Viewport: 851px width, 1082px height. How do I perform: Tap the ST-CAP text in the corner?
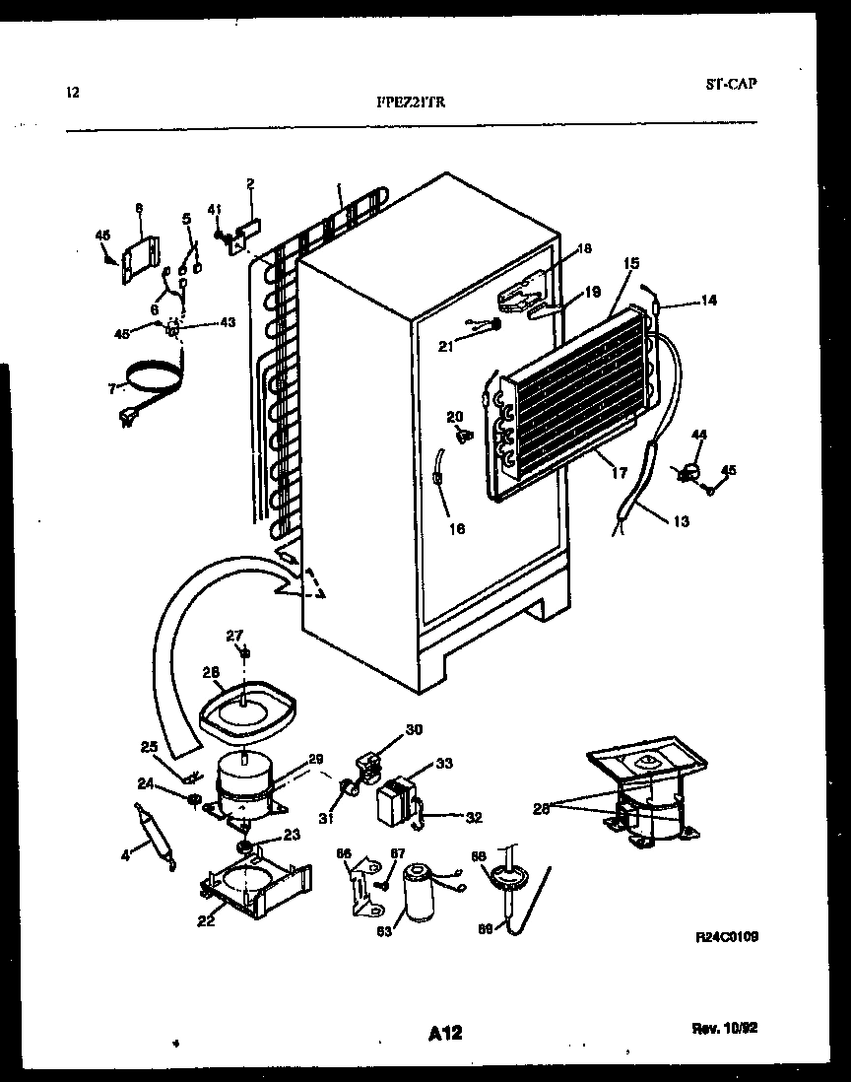click(x=731, y=84)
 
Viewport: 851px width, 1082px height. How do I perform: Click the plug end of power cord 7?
click(x=125, y=419)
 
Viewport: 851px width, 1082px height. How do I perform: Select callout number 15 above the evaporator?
click(x=631, y=263)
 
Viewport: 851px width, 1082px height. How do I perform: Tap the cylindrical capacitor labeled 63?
click(x=418, y=894)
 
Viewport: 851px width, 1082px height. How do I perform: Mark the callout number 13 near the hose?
click(x=682, y=520)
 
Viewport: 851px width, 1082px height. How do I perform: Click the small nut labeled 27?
click(x=245, y=652)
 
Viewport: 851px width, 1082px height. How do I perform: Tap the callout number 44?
click(x=698, y=435)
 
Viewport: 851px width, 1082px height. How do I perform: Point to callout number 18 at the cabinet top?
click(x=584, y=248)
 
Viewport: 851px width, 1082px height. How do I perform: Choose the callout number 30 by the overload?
click(x=414, y=730)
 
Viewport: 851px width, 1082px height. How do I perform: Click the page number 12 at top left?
click(x=72, y=93)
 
